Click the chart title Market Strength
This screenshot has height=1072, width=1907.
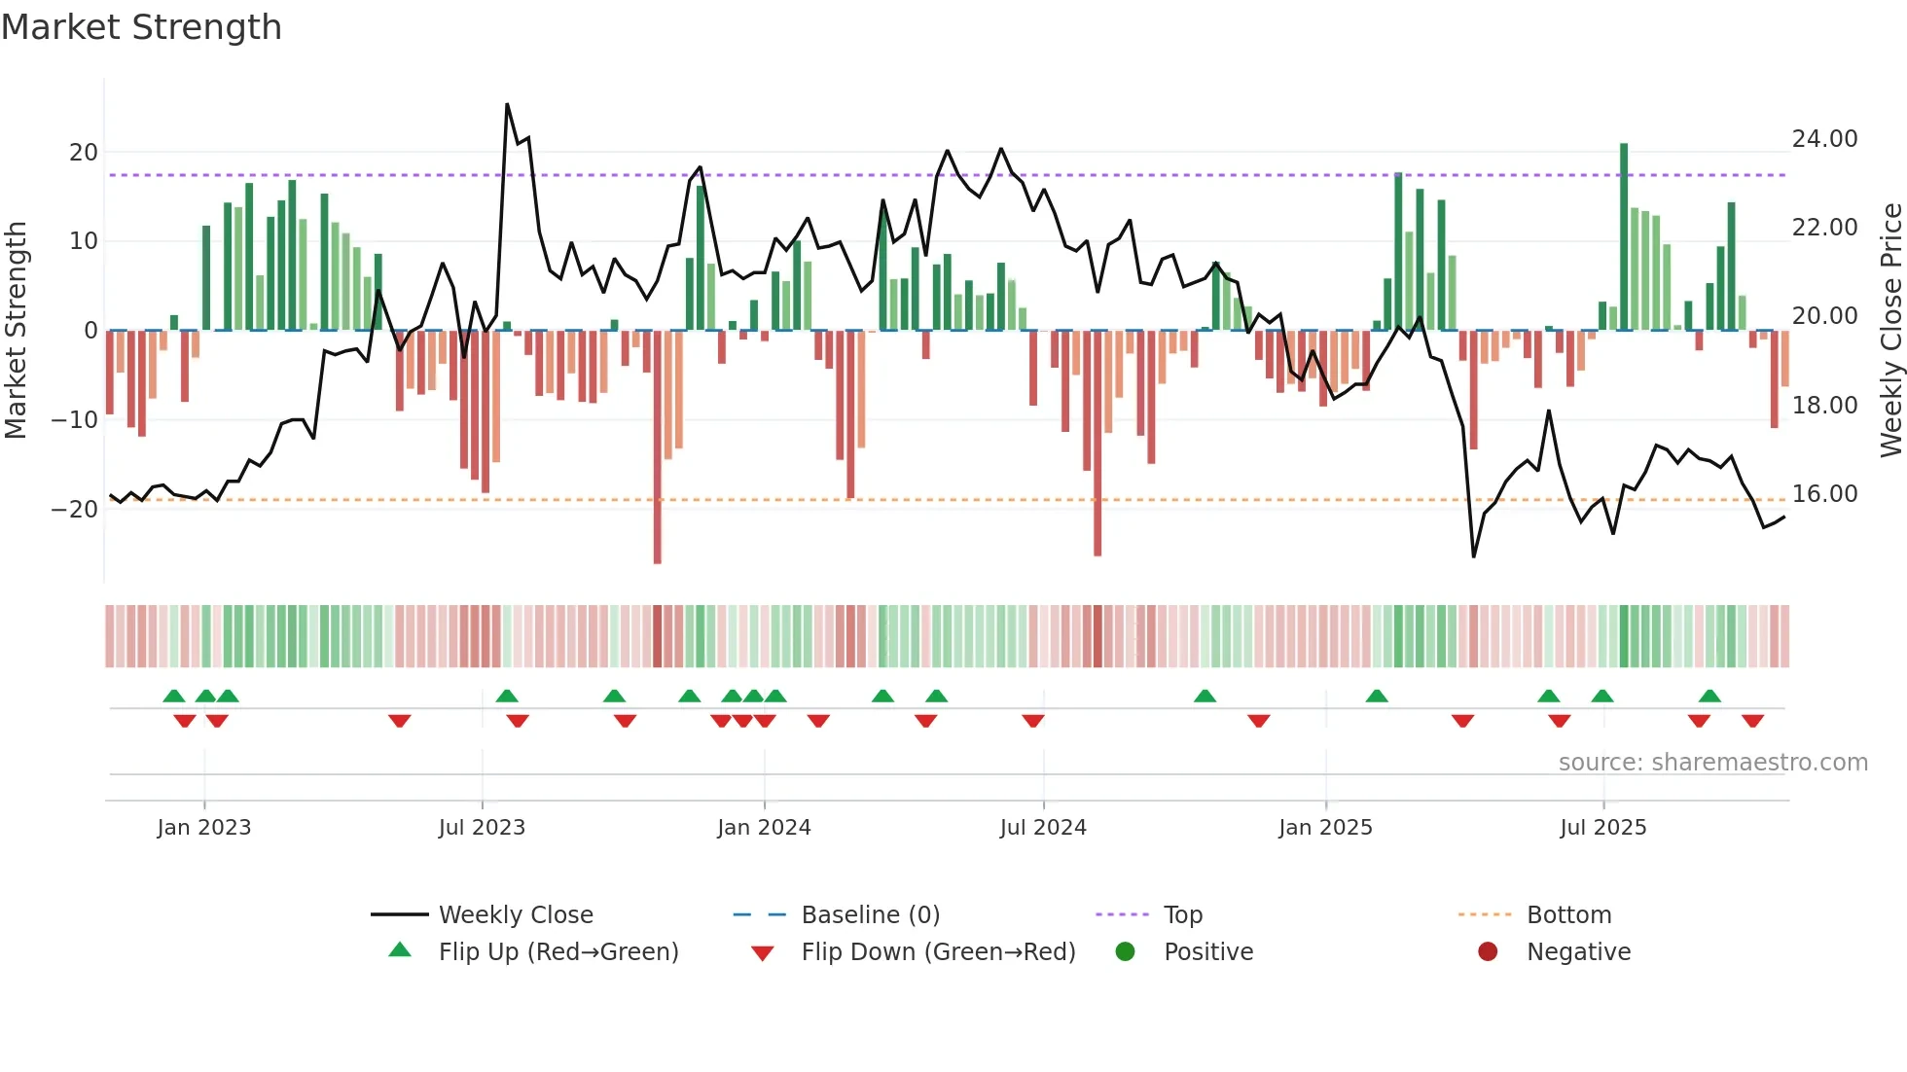click(141, 27)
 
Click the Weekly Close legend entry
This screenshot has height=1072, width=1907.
click(515, 915)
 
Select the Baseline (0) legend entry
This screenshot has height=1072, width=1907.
click(870, 915)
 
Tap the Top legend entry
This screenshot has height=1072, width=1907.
click(1182, 915)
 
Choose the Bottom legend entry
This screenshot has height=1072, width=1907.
click(1568, 915)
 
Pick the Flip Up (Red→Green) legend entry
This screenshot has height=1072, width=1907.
click(558, 952)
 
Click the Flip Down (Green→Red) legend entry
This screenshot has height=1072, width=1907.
click(938, 952)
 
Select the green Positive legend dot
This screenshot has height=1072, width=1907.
click(1126, 952)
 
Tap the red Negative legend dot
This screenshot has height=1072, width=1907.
click(1488, 952)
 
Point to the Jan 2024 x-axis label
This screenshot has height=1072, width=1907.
click(764, 828)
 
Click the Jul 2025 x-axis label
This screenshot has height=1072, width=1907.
click(1602, 828)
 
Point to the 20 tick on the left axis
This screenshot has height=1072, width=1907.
click(84, 153)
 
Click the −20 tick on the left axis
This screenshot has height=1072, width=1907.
click(75, 510)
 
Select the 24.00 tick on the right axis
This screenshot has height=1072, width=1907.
click(1824, 139)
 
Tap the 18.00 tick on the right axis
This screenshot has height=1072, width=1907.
click(1824, 406)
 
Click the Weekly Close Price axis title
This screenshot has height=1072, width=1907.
click(1890, 331)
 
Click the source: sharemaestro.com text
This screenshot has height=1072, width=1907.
click(1712, 763)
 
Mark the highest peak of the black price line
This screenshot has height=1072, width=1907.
click(507, 105)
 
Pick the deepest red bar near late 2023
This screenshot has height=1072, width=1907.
click(658, 447)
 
